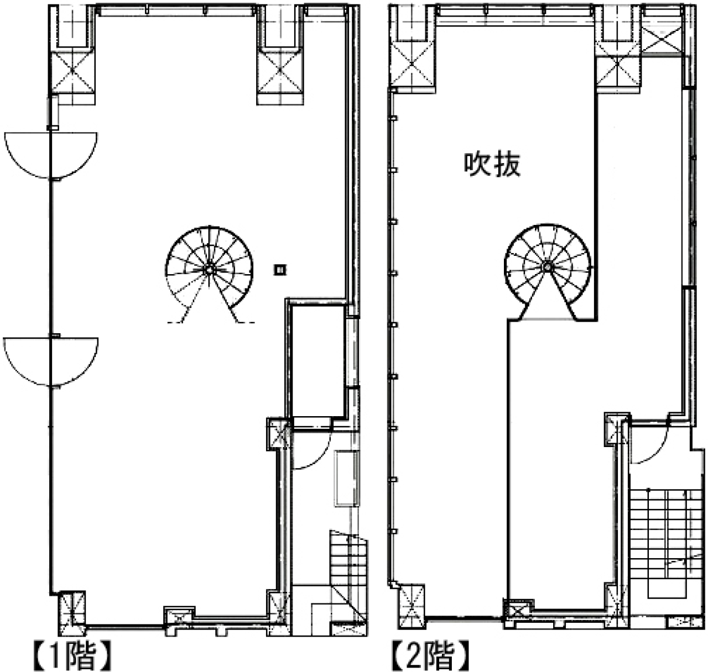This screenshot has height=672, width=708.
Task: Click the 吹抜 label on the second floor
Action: (492, 165)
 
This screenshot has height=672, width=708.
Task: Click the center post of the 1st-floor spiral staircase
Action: (209, 269)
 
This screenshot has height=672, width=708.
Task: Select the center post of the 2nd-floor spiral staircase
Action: (547, 266)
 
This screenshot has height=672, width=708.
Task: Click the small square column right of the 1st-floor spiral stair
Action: (280, 270)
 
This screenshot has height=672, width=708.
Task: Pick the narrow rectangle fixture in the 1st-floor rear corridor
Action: (343, 478)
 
